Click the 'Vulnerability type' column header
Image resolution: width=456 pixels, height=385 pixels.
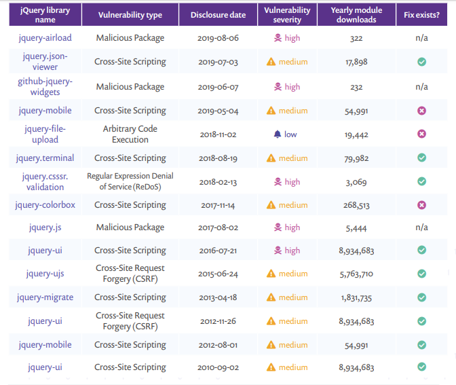click(130, 14)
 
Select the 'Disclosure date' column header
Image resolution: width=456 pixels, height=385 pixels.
click(218, 14)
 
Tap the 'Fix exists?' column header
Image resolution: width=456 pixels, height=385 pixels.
click(421, 14)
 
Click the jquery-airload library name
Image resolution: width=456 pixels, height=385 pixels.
click(45, 38)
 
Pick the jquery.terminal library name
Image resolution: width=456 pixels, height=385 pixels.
click(45, 158)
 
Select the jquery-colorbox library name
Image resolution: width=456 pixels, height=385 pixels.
click(45, 205)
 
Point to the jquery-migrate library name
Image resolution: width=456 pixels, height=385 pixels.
click(45, 297)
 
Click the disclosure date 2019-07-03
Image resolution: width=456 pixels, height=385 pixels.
click(218, 62)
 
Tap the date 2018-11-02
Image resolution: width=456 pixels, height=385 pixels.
click(218, 134)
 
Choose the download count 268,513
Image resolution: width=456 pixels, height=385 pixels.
click(356, 205)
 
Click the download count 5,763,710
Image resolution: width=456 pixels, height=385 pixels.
click(356, 274)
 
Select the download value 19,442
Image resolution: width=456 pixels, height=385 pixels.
click(356, 134)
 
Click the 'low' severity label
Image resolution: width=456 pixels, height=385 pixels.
click(290, 134)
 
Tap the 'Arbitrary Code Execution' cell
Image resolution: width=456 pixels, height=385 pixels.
click(130, 134)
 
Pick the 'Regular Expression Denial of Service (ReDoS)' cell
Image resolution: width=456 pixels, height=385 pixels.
click(130, 181)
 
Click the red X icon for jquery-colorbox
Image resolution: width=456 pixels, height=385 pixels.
click(421, 205)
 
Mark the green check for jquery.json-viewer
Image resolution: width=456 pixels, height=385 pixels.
click(421, 62)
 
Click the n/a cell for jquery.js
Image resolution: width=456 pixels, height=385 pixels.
click(421, 227)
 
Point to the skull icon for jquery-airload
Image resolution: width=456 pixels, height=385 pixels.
click(277, 38)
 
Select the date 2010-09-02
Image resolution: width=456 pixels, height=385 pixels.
click(218, 367)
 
